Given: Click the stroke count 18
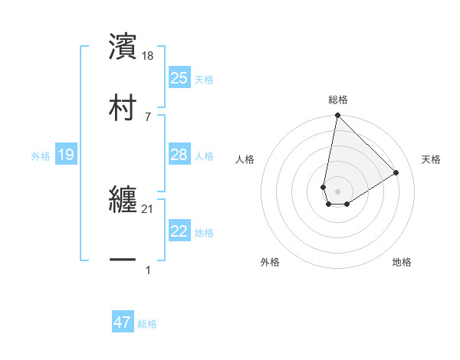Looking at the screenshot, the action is [149, 56].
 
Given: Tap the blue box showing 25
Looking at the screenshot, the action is [179, 78].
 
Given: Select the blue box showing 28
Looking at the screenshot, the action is [179, 155].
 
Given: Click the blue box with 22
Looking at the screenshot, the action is [179, 231].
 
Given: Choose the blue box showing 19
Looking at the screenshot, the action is [66, 155].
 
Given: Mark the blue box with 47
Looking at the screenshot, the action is [123, 322].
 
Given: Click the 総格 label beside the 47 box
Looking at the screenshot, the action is [147, 324].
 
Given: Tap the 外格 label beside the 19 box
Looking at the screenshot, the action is [41, 156].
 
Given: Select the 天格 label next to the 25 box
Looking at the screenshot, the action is [204, 80].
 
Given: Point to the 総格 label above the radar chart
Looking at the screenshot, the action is [337, 100].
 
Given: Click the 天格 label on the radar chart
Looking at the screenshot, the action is [431, 159].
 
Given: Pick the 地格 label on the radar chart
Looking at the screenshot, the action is [402, 262].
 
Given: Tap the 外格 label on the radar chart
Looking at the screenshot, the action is [270, 262].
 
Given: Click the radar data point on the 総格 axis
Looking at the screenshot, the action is [337, 116].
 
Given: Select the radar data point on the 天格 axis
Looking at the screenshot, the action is [396, 173].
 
